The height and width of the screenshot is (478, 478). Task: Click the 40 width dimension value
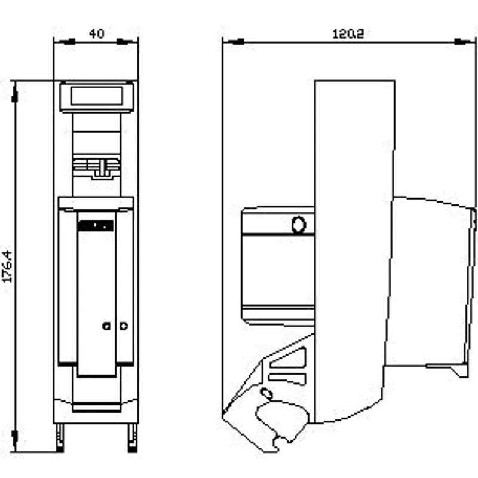tap(97, 33)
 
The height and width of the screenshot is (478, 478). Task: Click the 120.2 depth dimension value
tap(348, 34)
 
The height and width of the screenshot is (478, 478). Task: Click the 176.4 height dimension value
tap(7, 266)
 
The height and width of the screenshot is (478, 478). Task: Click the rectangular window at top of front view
tap(97, 96)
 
